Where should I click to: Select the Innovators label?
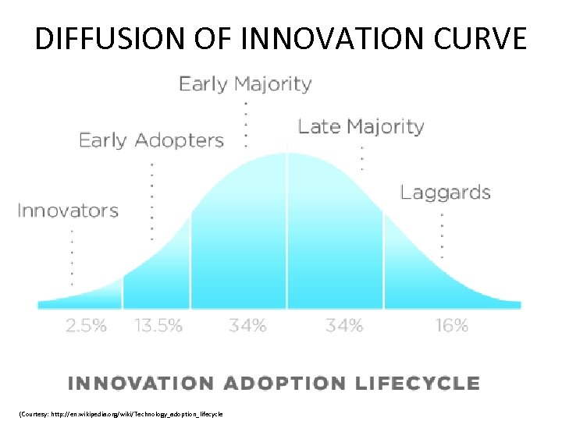point(68,210)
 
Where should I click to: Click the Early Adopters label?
point(151,140)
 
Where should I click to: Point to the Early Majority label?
point(245,83)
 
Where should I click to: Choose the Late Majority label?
point(361,126)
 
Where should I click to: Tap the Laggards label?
point(445,192)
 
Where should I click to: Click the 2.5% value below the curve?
point(85,326)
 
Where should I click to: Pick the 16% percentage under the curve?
point(451,326)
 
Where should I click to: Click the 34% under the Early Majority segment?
point(247,326)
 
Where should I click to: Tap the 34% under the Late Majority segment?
point(344,326)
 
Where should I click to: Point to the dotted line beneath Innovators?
point(72,257)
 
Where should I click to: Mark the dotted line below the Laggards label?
point(443,235)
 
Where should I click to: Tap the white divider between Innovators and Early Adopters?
point(123,292)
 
